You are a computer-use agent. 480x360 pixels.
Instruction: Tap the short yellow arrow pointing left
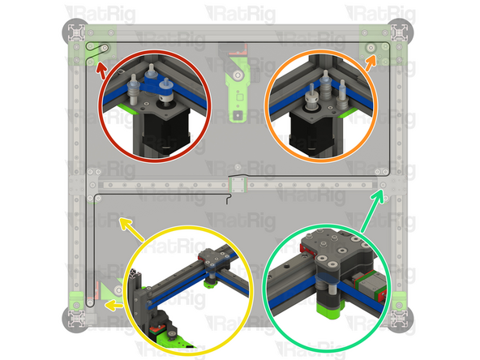114,306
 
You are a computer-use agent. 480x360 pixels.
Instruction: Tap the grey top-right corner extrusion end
399,31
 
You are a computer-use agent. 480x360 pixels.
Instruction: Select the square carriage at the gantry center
236,185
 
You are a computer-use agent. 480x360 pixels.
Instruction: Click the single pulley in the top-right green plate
371,48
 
